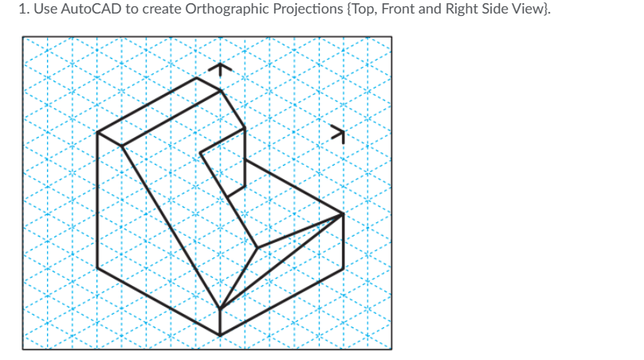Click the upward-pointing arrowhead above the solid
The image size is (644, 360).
221,69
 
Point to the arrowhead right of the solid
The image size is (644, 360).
341,133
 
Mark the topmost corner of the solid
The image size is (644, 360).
197,77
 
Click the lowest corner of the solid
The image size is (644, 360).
220,335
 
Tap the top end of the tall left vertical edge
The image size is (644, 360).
97,132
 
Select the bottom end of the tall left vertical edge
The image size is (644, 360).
97,268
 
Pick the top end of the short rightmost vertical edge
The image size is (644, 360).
344,213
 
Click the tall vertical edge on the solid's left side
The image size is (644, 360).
97,199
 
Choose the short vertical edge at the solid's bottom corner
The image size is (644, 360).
220,322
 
